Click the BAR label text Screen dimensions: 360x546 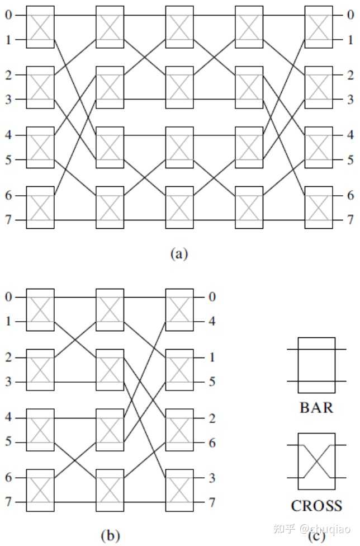[x=316, y=407]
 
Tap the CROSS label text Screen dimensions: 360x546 [x=316, y=506]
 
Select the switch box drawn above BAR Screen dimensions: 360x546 [x=316, y=365]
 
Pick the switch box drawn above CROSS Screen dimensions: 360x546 [x=316, y=462]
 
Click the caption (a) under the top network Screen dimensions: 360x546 [x=179, y=253]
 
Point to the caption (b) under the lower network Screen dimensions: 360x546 [x=110, y=535]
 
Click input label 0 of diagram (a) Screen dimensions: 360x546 [x=8, y=15]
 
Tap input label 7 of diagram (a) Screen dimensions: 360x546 [x=8, y=220]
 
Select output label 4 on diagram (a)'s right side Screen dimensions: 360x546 [x=350, y=135]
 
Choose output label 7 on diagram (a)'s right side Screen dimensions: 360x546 [x=350, y=220]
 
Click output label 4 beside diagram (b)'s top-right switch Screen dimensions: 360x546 [x=212, y=321]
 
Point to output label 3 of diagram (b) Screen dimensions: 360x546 [x=212, y=478]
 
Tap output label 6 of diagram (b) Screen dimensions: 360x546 [x=212, y=443]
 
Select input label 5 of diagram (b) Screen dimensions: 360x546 [x=8, y=441]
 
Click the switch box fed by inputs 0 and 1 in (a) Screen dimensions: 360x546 [x=40, y=27]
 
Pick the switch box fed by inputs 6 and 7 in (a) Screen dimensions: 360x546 [x=40, y=208]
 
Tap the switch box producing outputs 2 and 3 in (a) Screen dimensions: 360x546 [x=319, y=87]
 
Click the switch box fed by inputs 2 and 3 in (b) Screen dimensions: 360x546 [x=40, y=370]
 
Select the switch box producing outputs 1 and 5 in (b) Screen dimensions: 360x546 [x=179, y=370]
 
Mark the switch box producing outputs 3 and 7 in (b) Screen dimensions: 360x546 [x=179, y=490]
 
